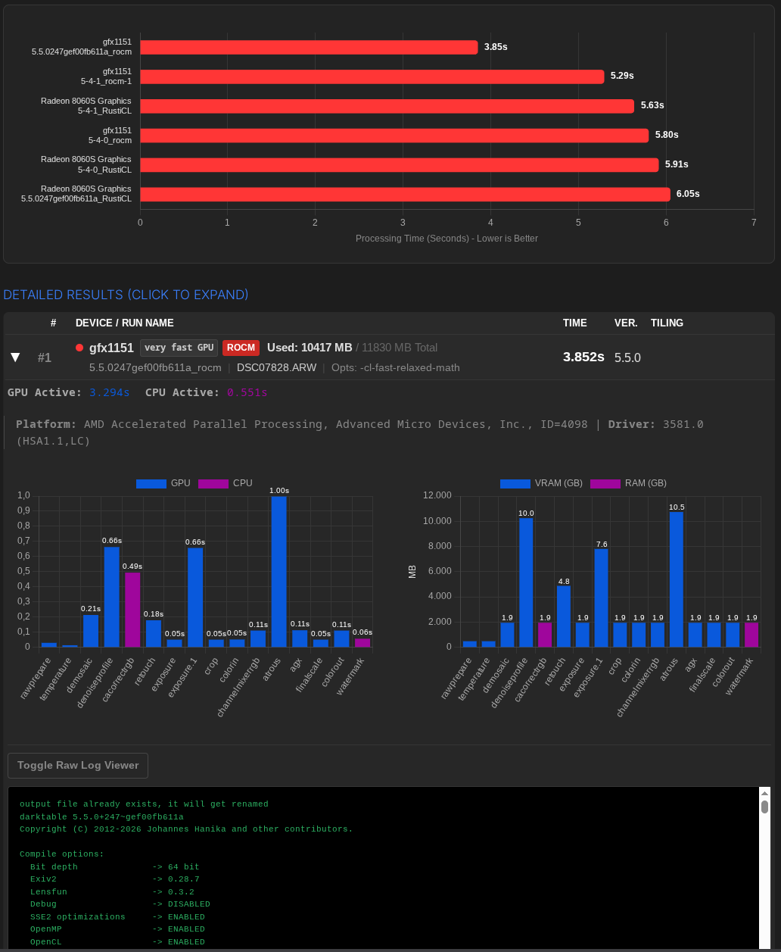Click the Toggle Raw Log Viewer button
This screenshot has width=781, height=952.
78,765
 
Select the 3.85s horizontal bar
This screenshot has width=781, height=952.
309,47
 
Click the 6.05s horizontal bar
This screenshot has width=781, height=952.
405,195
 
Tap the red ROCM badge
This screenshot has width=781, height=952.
241,348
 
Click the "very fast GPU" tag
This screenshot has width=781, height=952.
179,348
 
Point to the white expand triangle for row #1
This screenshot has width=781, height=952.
15,357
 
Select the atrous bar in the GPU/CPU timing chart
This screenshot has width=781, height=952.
278,572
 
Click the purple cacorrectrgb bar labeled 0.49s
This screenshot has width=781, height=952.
132,609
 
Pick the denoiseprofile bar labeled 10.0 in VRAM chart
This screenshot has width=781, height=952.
526,582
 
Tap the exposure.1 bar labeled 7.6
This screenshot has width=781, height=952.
601,598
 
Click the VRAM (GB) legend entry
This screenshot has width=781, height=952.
541,483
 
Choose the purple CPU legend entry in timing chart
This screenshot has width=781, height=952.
225,483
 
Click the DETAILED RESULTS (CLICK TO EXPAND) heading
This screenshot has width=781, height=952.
126,295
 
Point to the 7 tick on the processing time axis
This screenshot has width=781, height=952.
754,223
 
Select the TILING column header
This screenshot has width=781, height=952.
667,323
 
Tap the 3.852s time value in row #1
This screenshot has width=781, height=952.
583,357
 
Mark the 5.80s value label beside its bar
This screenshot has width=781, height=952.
667,135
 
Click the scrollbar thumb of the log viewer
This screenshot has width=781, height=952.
764,807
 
